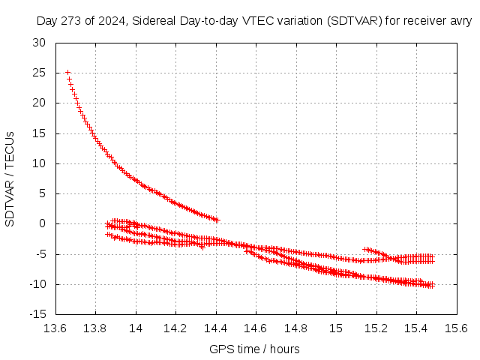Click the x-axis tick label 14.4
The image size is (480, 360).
click(x=216, y=328)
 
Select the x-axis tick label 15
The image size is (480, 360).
click(x=336, y=328)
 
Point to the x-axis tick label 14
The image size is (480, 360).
click(x=136, y=328)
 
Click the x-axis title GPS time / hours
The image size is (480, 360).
click(x=255, y=349)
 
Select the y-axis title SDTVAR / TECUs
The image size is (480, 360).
click(x=10, y=178)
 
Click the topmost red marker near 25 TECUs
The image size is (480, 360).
click(x=67, y=73)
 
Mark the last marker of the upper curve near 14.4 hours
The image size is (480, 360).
click(x=217, y=220)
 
